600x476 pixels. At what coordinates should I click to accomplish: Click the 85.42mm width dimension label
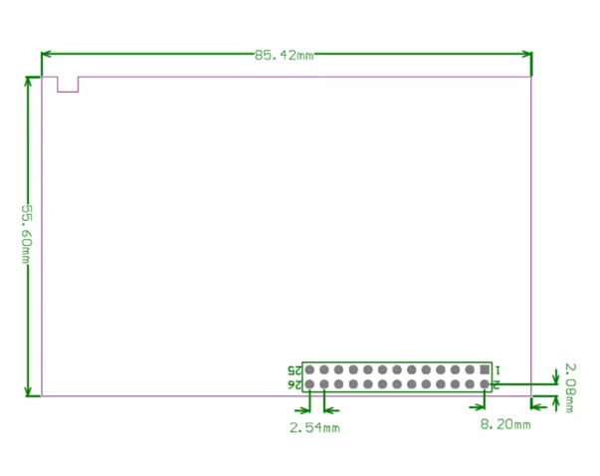point(284,56)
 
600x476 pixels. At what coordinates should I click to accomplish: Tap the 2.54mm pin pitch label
point(314,428)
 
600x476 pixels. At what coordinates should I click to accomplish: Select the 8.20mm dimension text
point(505,425)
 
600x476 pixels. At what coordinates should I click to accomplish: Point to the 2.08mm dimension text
point(569,385)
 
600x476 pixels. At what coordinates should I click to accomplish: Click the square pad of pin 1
point(485,369)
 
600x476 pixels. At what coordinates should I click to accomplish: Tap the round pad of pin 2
point(485,384)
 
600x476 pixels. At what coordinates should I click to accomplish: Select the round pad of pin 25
point(310,369)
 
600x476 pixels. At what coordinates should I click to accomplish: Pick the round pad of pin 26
point(310,384)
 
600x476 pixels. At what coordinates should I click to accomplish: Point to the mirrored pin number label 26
point(294,384)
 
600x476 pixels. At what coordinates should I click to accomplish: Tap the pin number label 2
point(497,383)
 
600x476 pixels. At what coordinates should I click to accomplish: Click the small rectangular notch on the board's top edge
point(68,84)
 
